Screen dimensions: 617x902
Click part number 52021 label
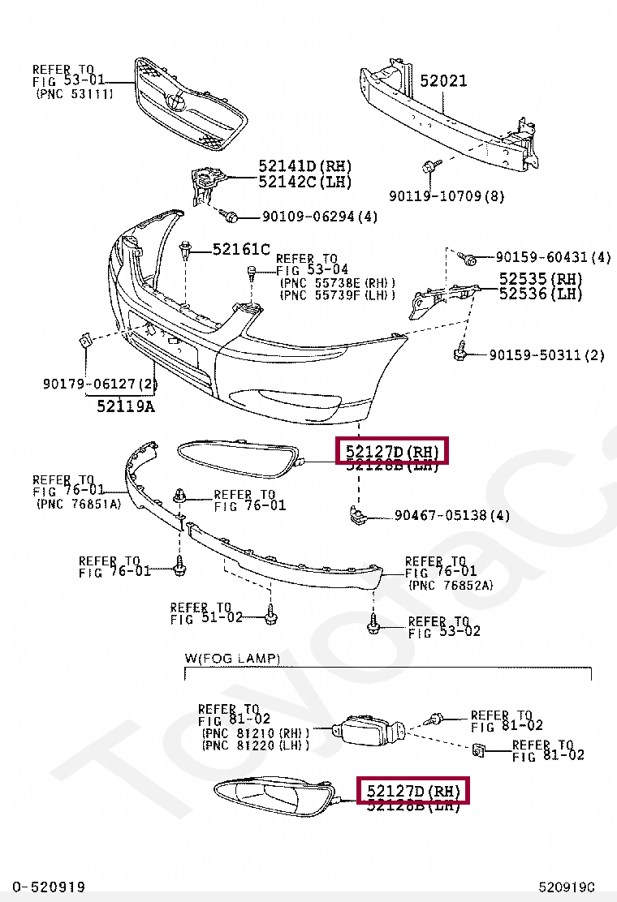coord(443,80)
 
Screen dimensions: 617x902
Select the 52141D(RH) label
coord(304,167)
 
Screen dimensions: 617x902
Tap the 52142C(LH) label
coord(304,182)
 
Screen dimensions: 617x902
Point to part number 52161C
coord(241,249)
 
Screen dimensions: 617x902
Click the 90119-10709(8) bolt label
coord(447,195)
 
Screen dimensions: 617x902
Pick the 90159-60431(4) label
coord(553,257)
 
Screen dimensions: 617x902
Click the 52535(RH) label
coord(541,278)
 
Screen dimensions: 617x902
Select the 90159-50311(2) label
coord(546,355)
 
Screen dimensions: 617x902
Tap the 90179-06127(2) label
coord(100,384)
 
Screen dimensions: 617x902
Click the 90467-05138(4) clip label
coord(452,515)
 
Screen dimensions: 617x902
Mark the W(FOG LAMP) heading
coord(232,658)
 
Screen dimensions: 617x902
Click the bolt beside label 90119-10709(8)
coord(429,166)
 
